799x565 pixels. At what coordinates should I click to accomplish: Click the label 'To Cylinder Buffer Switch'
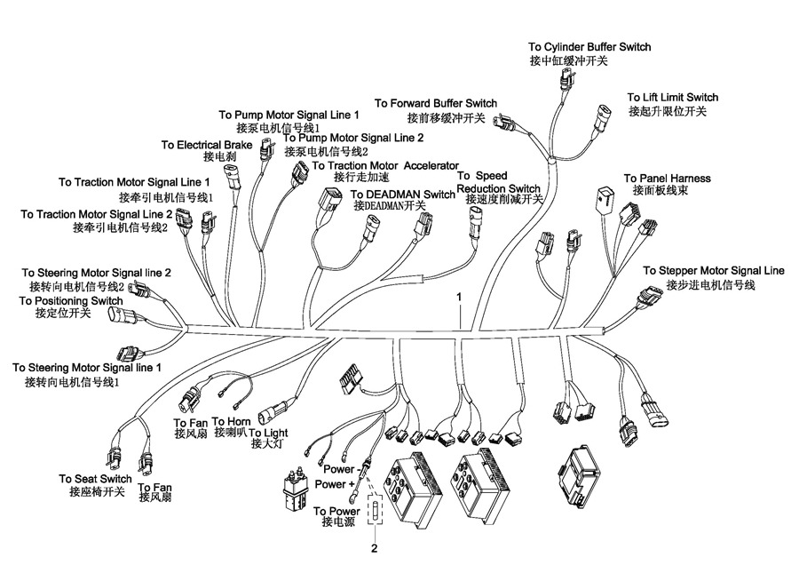589,47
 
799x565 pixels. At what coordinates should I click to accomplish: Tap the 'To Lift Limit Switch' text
673,98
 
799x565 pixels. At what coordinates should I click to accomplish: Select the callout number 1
459,296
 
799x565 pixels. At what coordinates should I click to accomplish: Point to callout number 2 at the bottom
375,549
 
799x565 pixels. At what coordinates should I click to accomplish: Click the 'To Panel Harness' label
667,179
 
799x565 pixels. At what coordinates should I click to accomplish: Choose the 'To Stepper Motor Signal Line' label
714,271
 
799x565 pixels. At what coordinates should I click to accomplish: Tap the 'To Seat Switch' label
95,479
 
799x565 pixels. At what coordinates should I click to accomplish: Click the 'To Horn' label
232,422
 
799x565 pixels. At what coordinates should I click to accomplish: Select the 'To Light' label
268,433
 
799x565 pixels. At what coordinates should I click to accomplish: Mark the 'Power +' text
335,484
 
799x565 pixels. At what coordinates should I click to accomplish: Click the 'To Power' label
336,511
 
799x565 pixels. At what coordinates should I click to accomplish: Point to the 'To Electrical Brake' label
207,146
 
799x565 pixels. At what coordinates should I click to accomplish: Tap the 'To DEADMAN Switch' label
402,195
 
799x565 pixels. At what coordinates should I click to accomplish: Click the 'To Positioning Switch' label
71,301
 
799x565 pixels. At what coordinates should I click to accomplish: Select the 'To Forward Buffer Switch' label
436,104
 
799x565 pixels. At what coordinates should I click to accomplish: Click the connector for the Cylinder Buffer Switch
567,79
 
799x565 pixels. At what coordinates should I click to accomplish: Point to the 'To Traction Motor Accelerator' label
386,166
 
